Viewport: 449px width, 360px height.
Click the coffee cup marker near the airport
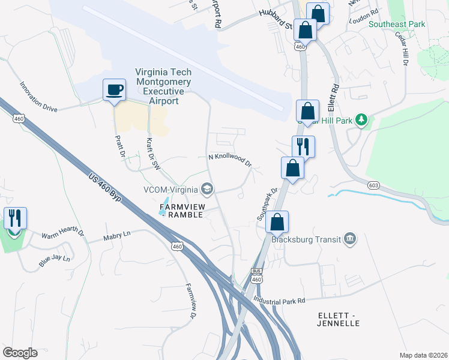[114, 90]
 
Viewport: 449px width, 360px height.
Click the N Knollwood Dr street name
[229, 159]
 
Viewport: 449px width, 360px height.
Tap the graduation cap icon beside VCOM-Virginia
[207, 190]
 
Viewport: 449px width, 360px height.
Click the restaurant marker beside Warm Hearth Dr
[15, 218]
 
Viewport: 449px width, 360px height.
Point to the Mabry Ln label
[116, 237]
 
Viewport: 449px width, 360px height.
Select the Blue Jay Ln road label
[55, 259]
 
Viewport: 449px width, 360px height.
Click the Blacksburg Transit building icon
[350, 240]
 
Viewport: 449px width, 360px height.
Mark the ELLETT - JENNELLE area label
[338, 319]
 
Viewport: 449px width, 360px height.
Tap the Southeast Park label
[396, 24]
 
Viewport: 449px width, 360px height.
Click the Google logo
[20, 353]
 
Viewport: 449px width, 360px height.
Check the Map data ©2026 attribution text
[423, 355]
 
